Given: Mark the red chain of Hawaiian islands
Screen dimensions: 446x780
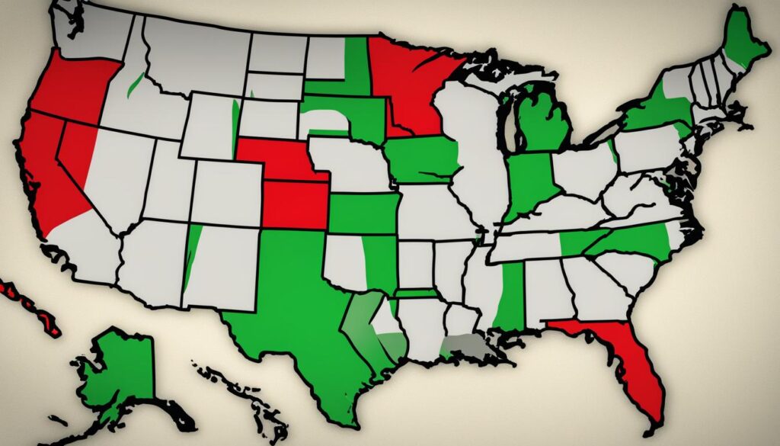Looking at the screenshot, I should pyautogui.click(x=30, y=305).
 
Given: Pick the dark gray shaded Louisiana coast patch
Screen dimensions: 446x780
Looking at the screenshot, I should pyautogui.click(x=465, y=348).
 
